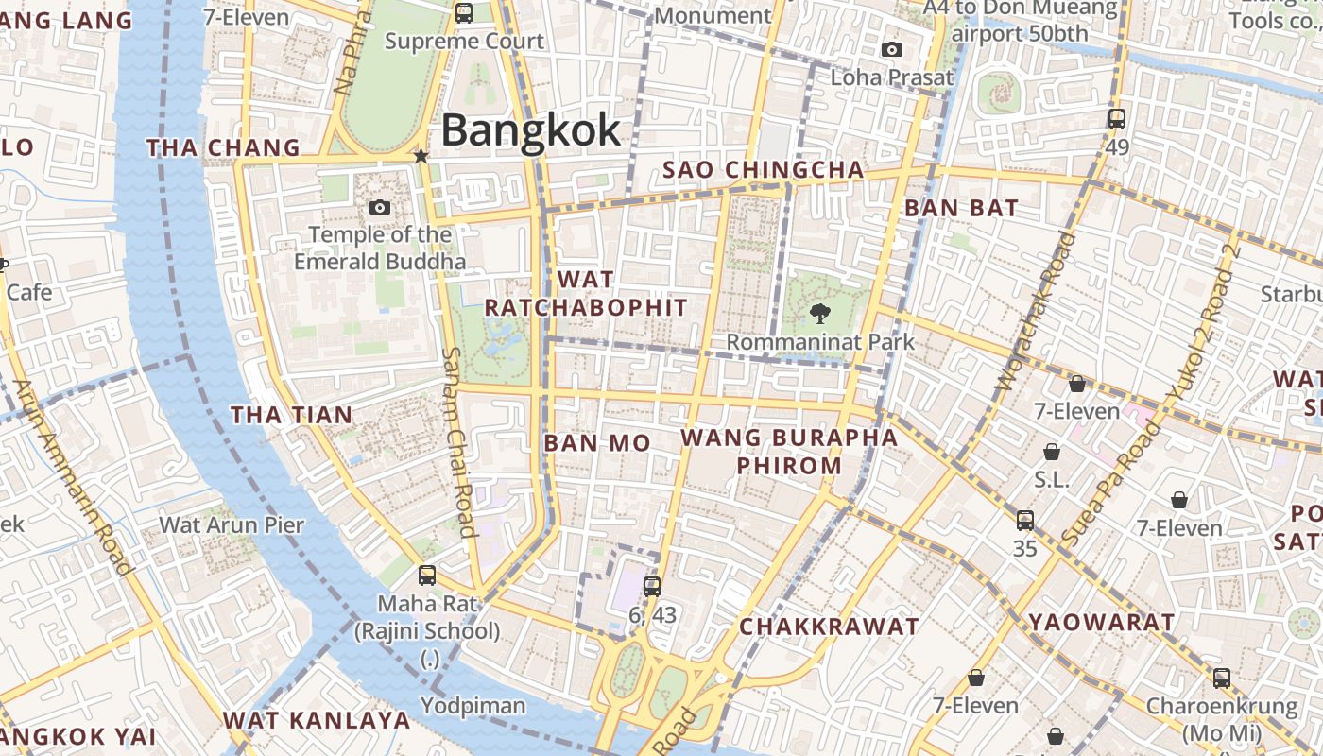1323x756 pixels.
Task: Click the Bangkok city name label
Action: [531, 130]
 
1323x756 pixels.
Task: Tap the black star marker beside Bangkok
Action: [421, 156]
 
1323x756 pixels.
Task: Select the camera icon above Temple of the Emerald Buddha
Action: [380, 207]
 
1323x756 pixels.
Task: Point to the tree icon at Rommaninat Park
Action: [819, 314]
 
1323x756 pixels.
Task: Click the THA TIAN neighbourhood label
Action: [291, 415]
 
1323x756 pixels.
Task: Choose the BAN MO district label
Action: [597, 443]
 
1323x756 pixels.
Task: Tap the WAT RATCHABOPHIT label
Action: [586, 294]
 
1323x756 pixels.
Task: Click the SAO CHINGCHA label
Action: [764, 170]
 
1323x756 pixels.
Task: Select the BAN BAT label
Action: [961, 209]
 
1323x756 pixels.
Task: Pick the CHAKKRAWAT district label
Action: [829, 627]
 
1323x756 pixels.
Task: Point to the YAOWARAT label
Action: [1102, 623]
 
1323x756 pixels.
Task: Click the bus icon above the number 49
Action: [1117, 119]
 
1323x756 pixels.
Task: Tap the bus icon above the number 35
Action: [1025, 520]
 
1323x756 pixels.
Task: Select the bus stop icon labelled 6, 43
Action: [651, 587]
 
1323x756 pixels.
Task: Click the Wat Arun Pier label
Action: [232, 525]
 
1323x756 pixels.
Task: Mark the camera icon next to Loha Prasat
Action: [891, 50]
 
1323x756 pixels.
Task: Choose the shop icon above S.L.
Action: [1051, 452]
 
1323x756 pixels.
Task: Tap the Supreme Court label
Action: [464, 42]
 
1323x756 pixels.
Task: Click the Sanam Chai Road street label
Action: [457, 442]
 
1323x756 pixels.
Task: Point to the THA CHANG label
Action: [223, 148]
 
